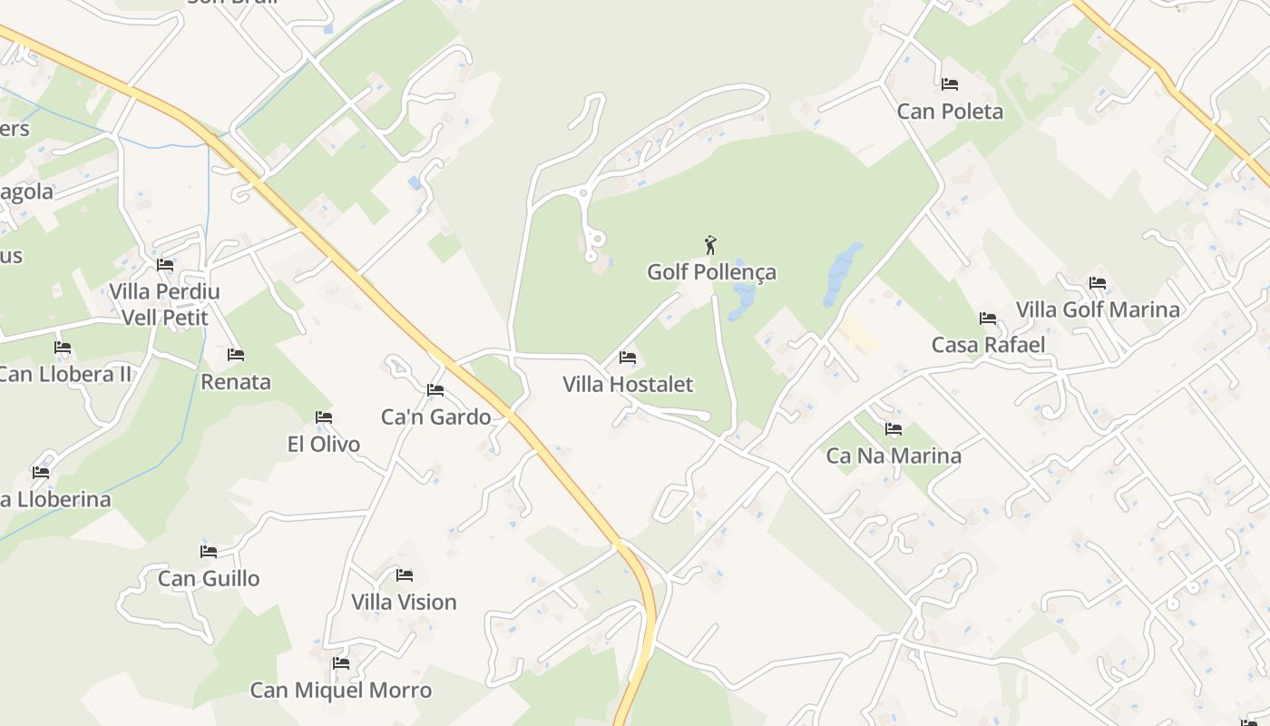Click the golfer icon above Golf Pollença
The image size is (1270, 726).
pyautogui.click(x=710, y=245)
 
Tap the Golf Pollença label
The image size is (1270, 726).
pyautogui.click(x=711, y=272)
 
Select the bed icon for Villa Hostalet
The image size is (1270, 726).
pyautogui.click(x=627, y=358)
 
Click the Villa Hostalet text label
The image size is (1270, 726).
pyautogui.click(x=628, y=385)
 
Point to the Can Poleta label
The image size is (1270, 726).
pyautogui.click(x=950, y=112)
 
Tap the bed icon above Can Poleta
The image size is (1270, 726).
pyautogui.click(x=950, y=84)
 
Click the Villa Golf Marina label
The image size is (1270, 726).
pyautogui.click(x=1098, y=309)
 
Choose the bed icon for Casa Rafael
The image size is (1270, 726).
pyautogui.click(x=988, y=319)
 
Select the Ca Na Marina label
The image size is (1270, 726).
pyautogui.click(x=894, y=456)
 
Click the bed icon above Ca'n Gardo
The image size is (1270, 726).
pyautogui.click(x=435, y=390)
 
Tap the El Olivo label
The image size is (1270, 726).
pyautogui.click(x=324, y=445)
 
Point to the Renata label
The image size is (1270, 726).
pyautogui.click(x=236, y=382)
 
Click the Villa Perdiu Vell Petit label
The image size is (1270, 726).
pyautogui.click(x=165, y=305)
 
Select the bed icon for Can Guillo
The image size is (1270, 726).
pyautogui.click(x=209, y=552)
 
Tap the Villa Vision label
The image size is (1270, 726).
pyautogui.click(x=404, y=603)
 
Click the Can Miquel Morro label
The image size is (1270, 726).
pyautogui.click(x=341, y=691)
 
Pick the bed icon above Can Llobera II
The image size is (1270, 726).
pyautogui.click(x=63, y=348)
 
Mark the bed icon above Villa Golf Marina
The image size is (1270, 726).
pyautogui.click(x=1098, y=283)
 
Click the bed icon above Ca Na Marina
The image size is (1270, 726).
pyautogui.click(x=894, y=429)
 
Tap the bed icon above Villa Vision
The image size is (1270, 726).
pyautogui.click(x=405, y=575)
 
